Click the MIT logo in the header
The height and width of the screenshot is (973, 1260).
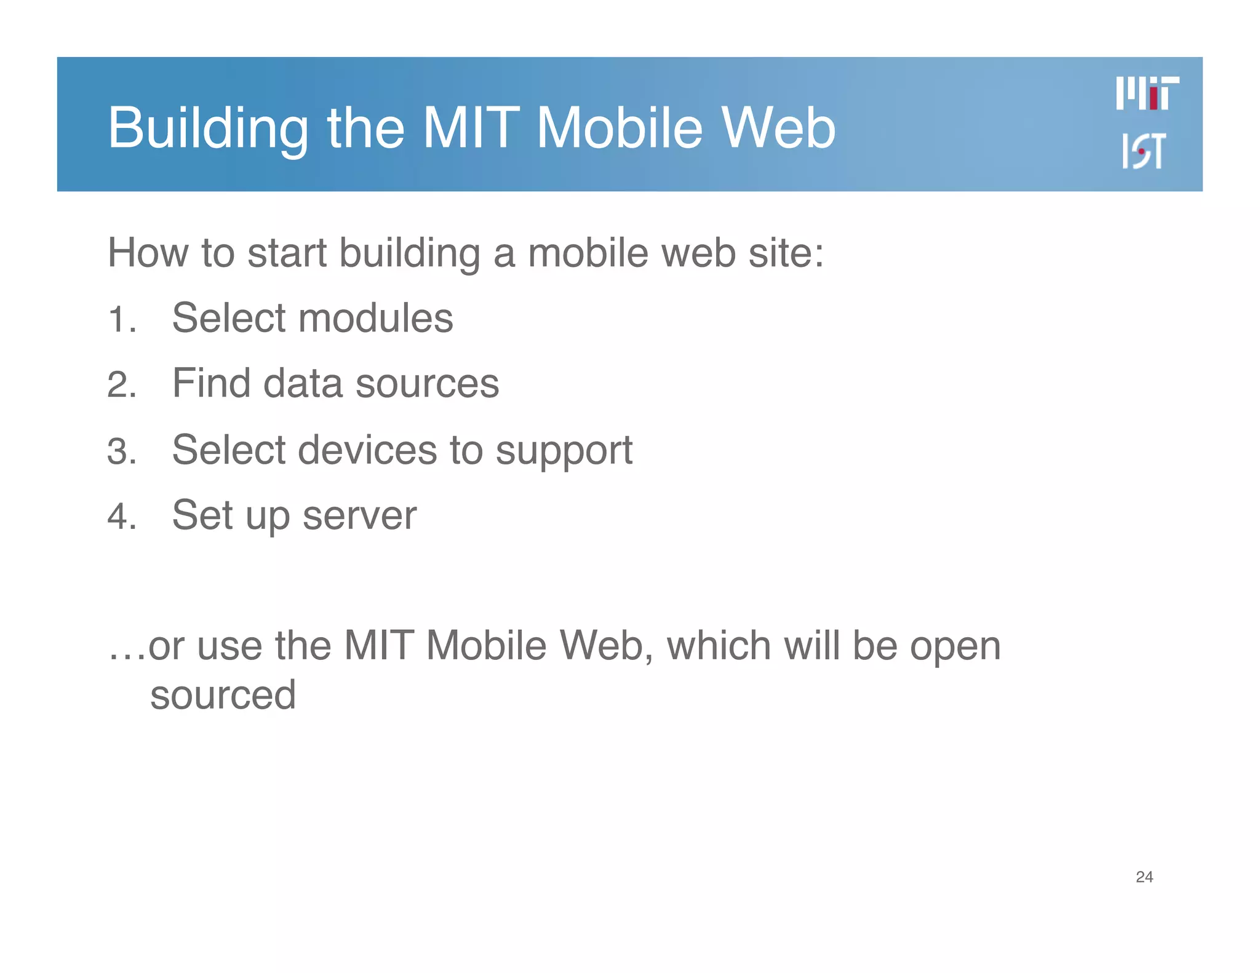tap(1147, 93)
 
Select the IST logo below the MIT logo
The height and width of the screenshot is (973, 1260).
tap(1143, 151)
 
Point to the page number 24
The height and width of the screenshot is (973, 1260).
tap(1144, 877)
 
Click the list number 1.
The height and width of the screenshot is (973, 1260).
tap(121, 320)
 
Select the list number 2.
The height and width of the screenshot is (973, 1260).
tap(121, 386)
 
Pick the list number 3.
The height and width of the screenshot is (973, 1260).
tap(121, 451)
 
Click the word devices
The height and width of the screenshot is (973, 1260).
tap(367, 450)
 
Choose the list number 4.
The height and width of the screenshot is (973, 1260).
tap(121, 517)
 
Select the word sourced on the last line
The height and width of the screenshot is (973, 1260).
tap(223, 696)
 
